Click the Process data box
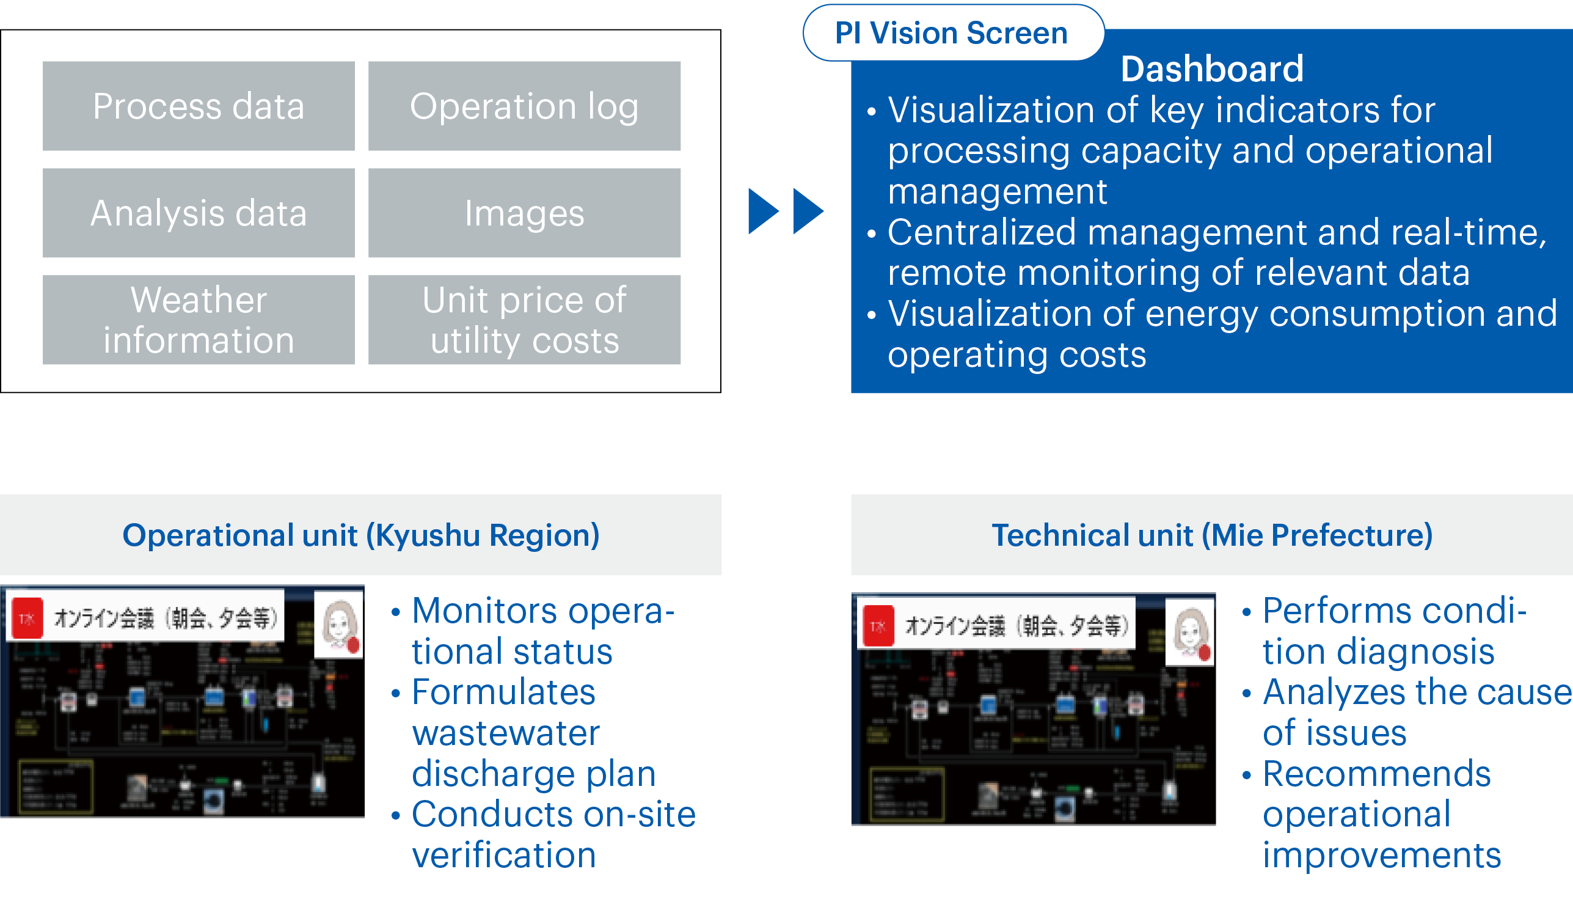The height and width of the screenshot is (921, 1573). click(199, 106)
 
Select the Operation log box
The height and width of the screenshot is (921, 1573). click(524, 106)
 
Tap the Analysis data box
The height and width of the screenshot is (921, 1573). click(199, 213)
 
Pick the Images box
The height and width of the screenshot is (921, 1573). click(524, 213)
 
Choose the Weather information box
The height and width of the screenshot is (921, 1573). click(199, 320)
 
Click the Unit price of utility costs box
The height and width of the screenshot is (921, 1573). click(524, 320)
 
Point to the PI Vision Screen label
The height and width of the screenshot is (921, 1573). click(952, 33)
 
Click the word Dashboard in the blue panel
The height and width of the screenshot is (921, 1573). click(1211, 68)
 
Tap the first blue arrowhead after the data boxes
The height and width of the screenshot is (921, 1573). click(764, 211)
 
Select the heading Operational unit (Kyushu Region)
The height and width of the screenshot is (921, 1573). click(361, 535)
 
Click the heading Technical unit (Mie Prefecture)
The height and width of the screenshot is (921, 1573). click(1211, 535)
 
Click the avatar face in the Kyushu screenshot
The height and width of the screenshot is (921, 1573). click(339, 623)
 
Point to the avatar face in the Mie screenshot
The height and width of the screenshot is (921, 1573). click(1190, 631)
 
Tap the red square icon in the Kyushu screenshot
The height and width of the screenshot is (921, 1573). click(27, 618)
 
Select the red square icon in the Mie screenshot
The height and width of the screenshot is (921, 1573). click(878, 626)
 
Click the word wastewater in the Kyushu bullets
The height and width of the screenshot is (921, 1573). click(506, 733)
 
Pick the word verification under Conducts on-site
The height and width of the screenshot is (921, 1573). click(504, 856)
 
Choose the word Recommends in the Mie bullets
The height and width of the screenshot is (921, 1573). click(1376, 774)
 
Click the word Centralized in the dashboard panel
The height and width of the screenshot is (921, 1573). click(982, 233)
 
